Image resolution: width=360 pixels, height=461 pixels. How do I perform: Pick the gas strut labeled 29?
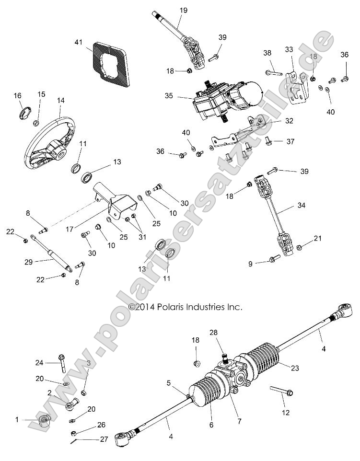coord(51,252)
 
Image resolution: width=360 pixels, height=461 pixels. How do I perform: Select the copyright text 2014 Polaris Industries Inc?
coord(185,307)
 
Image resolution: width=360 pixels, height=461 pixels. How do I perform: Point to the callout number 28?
coord(213,333)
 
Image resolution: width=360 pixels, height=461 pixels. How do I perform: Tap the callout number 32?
coord(289,121)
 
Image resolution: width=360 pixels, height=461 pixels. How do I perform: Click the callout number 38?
coord(267,54)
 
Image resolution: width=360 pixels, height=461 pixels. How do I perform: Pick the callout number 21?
coord(317,238)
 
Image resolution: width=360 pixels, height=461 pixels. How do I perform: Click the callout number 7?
coord(239,421)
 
